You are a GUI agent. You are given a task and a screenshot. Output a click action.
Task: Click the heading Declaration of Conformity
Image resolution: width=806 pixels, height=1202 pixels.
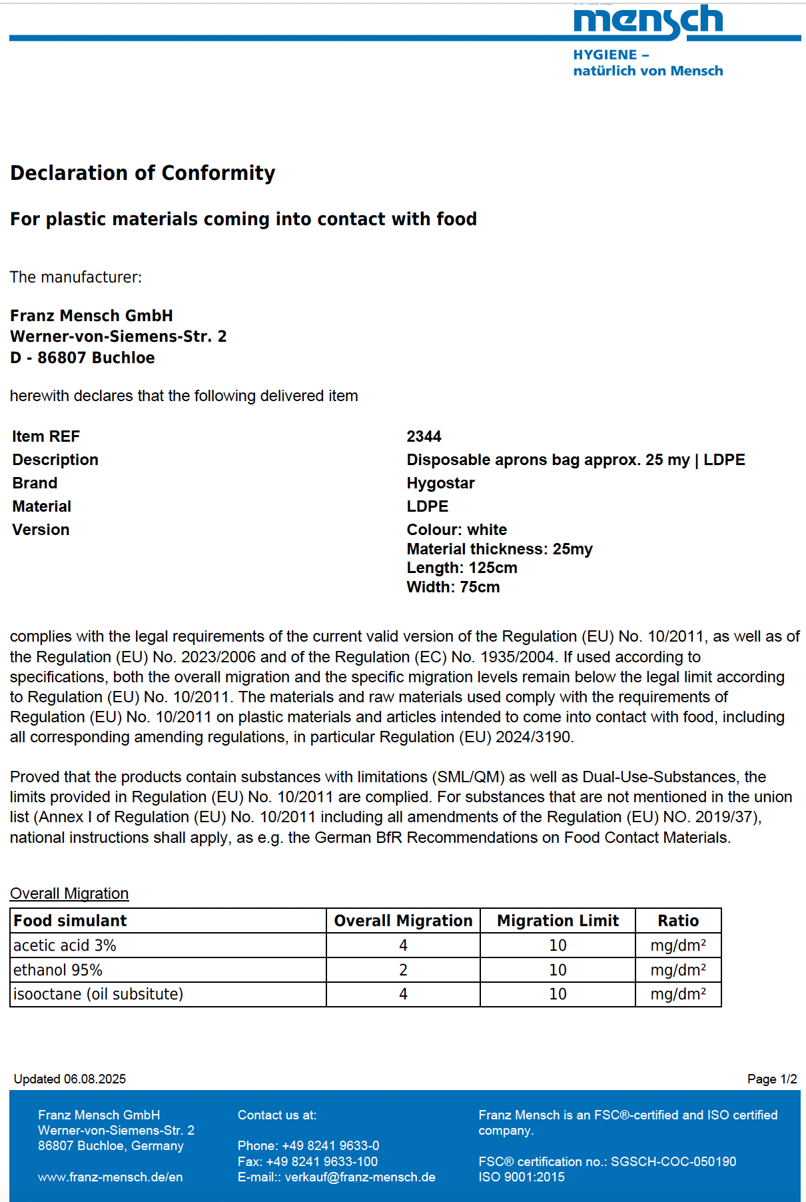143,173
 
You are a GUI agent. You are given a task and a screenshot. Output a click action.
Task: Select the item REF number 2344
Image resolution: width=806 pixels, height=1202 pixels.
424,436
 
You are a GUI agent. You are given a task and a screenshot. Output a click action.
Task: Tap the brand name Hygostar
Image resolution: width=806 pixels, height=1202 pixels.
440,483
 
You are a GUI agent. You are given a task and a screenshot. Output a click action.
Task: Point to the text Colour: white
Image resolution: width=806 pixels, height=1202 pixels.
456,530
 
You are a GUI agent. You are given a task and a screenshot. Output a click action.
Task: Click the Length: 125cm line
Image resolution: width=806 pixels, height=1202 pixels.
462,568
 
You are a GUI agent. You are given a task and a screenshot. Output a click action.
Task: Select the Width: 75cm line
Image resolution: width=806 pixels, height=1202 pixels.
453,587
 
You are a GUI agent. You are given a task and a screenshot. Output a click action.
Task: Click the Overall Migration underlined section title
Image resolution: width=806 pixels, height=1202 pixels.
69,894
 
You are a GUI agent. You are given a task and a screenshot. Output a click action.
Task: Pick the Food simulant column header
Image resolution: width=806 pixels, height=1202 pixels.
70,921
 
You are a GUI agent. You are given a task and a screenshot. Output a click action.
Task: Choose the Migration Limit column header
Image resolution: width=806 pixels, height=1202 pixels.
558,921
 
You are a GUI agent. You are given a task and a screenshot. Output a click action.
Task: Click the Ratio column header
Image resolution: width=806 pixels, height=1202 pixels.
678,921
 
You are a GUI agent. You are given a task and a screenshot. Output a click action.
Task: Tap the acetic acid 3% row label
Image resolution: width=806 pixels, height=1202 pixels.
65,945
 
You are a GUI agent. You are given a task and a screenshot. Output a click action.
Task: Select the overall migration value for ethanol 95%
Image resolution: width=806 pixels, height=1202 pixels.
403,970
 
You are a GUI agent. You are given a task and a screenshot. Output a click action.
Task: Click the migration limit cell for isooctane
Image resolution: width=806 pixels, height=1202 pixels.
558,994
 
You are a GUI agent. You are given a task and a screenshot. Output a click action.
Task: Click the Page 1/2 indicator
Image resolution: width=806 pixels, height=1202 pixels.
771,1079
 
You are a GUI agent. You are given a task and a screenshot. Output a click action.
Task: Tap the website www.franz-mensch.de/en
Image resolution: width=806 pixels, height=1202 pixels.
110,1177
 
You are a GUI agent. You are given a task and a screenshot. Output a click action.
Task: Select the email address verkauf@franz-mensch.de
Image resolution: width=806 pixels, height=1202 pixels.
360,1177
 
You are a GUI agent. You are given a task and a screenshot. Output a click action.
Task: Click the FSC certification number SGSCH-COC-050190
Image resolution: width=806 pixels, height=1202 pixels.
673,1162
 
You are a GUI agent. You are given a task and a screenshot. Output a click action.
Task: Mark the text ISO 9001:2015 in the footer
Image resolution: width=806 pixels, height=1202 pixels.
521,1177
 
